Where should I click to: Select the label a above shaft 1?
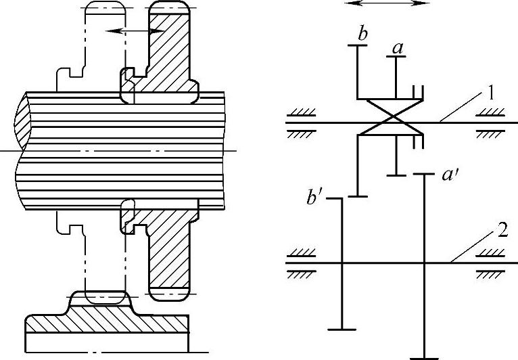coord(398,48)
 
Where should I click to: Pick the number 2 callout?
coord(501,229)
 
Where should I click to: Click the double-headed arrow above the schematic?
coord(387,3)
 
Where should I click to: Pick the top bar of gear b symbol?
coord(357,45)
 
